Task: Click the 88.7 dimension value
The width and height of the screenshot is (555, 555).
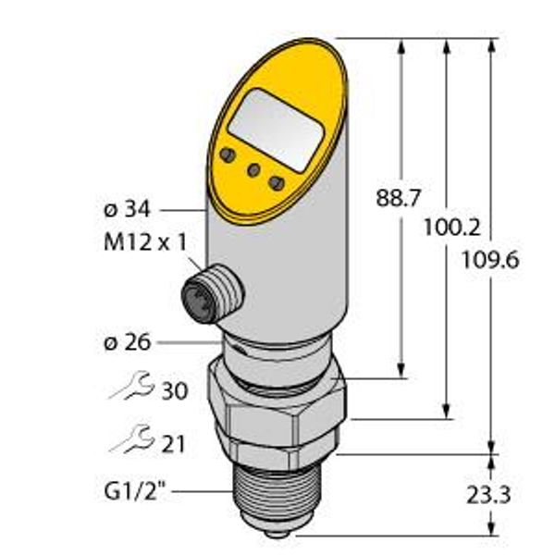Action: click(402, 197)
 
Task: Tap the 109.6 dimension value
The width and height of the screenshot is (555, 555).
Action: click(490, 260)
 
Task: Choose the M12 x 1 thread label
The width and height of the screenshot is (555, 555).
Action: click(143, 242)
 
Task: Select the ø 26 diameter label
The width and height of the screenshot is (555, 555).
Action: click(129, 343)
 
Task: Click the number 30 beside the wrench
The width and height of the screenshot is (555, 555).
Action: click(173, 391)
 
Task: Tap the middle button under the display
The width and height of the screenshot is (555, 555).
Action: click(253, 169)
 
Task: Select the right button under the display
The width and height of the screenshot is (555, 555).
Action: click(276, 182)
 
